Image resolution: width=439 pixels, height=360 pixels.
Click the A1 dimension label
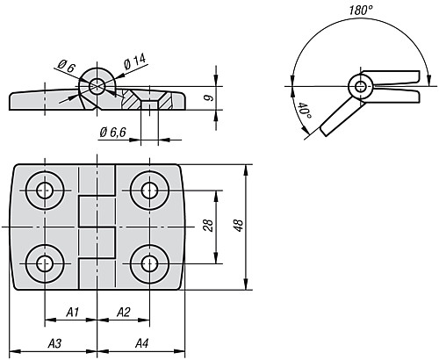tap(73, 312)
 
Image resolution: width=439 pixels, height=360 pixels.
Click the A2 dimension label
tap(123, 312)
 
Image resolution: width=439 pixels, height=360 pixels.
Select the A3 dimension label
tap(54, 342)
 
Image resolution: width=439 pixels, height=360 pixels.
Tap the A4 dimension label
tap(140, 342)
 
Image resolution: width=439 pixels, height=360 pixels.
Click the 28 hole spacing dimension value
tap(207, 225)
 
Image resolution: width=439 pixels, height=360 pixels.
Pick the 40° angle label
tap(302, 112)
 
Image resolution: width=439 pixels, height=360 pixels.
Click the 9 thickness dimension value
tap(207, 97)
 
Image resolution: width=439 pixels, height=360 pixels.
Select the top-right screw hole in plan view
tap(149, 189)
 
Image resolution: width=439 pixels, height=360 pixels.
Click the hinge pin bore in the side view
tap(96, 85)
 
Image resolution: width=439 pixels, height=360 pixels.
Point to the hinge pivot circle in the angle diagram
tap(358, 86)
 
